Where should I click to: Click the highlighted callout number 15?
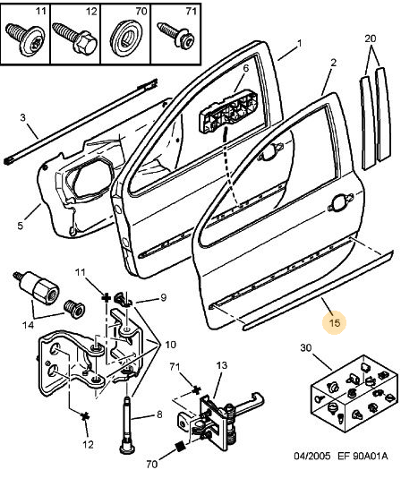tap(334, 323)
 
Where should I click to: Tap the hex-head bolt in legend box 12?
tap(75, 38)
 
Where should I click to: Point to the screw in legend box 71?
tap(176, 35)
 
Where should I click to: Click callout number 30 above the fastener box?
tap(305, 347)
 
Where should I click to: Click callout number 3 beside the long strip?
tap(22, 117)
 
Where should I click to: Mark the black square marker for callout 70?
tap(180, 447)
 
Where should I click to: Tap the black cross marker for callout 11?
tap(107, 298)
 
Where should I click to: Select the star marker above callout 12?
tap(84, 416)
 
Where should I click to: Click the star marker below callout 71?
tap(196, 389)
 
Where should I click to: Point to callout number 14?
tap(28, 325)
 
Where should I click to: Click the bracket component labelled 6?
tap(228, 113)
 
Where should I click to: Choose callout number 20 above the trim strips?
tap(371, 38)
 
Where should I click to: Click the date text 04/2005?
tap(311, 456)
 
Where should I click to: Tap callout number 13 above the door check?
tap(222, 365)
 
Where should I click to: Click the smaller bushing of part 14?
tap(74, 309)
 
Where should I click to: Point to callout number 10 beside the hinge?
tap(171, 345)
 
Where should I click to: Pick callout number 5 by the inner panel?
tap(21, 226)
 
